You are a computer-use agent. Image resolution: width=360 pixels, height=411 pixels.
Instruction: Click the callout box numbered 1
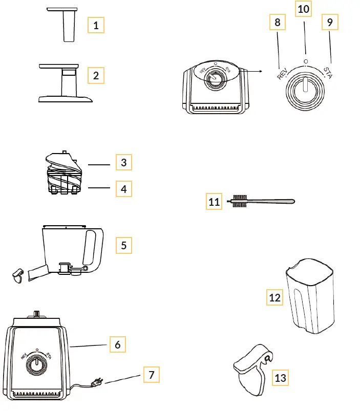pyautogui.click(x=96, y=25)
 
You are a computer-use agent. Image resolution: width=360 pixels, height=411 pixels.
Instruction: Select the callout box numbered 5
pyautogui.click(x=123, y=245)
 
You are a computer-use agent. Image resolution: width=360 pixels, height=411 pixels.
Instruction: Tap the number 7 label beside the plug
pyautogui.click(x=151, y=375)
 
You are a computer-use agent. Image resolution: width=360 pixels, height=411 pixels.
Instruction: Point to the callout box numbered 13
pyautogui.click(x=280, y=378)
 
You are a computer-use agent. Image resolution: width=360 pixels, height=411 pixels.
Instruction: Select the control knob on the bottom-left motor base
pyautogui.click(x=36, y=364)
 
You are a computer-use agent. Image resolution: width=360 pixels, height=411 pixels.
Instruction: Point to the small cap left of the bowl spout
pyautogui.click(x=18, y=275)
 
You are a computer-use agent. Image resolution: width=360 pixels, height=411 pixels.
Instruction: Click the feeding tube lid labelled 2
pyautogui.click(x=66, y=82)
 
